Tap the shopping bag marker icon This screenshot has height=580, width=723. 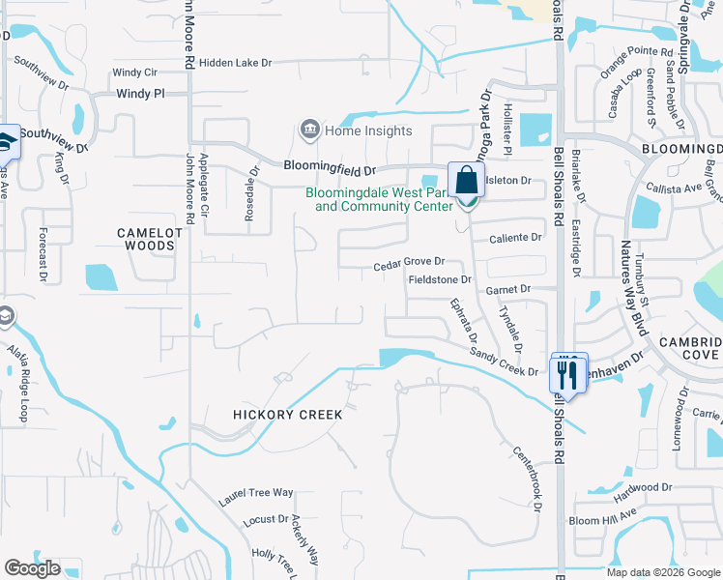(466, 181)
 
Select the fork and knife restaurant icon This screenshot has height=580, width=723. (567, 373)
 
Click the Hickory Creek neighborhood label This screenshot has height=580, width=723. (288, 415)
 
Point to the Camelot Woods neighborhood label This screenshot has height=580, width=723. (146, 239)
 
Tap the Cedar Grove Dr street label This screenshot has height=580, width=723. (409, 262)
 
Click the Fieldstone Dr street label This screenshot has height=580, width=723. (439, 280)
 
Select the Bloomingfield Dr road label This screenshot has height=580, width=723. (330, 166)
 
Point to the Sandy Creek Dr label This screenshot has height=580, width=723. (504, 364)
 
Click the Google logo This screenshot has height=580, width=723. (32, 568)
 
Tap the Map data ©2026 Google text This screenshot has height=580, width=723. (663, 572)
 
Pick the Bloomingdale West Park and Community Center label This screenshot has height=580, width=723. (379, 199)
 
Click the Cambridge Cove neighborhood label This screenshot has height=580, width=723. (690, 349)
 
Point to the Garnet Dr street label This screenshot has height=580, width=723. (510, 289)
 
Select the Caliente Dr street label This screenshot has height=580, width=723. (515, 238)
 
